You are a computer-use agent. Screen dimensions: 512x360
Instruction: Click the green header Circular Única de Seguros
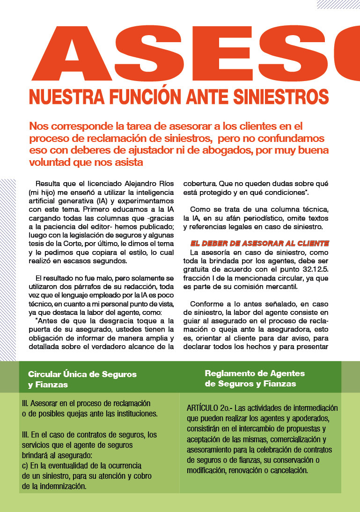point(82,374)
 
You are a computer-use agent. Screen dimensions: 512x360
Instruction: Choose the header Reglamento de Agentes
point(255,373)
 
